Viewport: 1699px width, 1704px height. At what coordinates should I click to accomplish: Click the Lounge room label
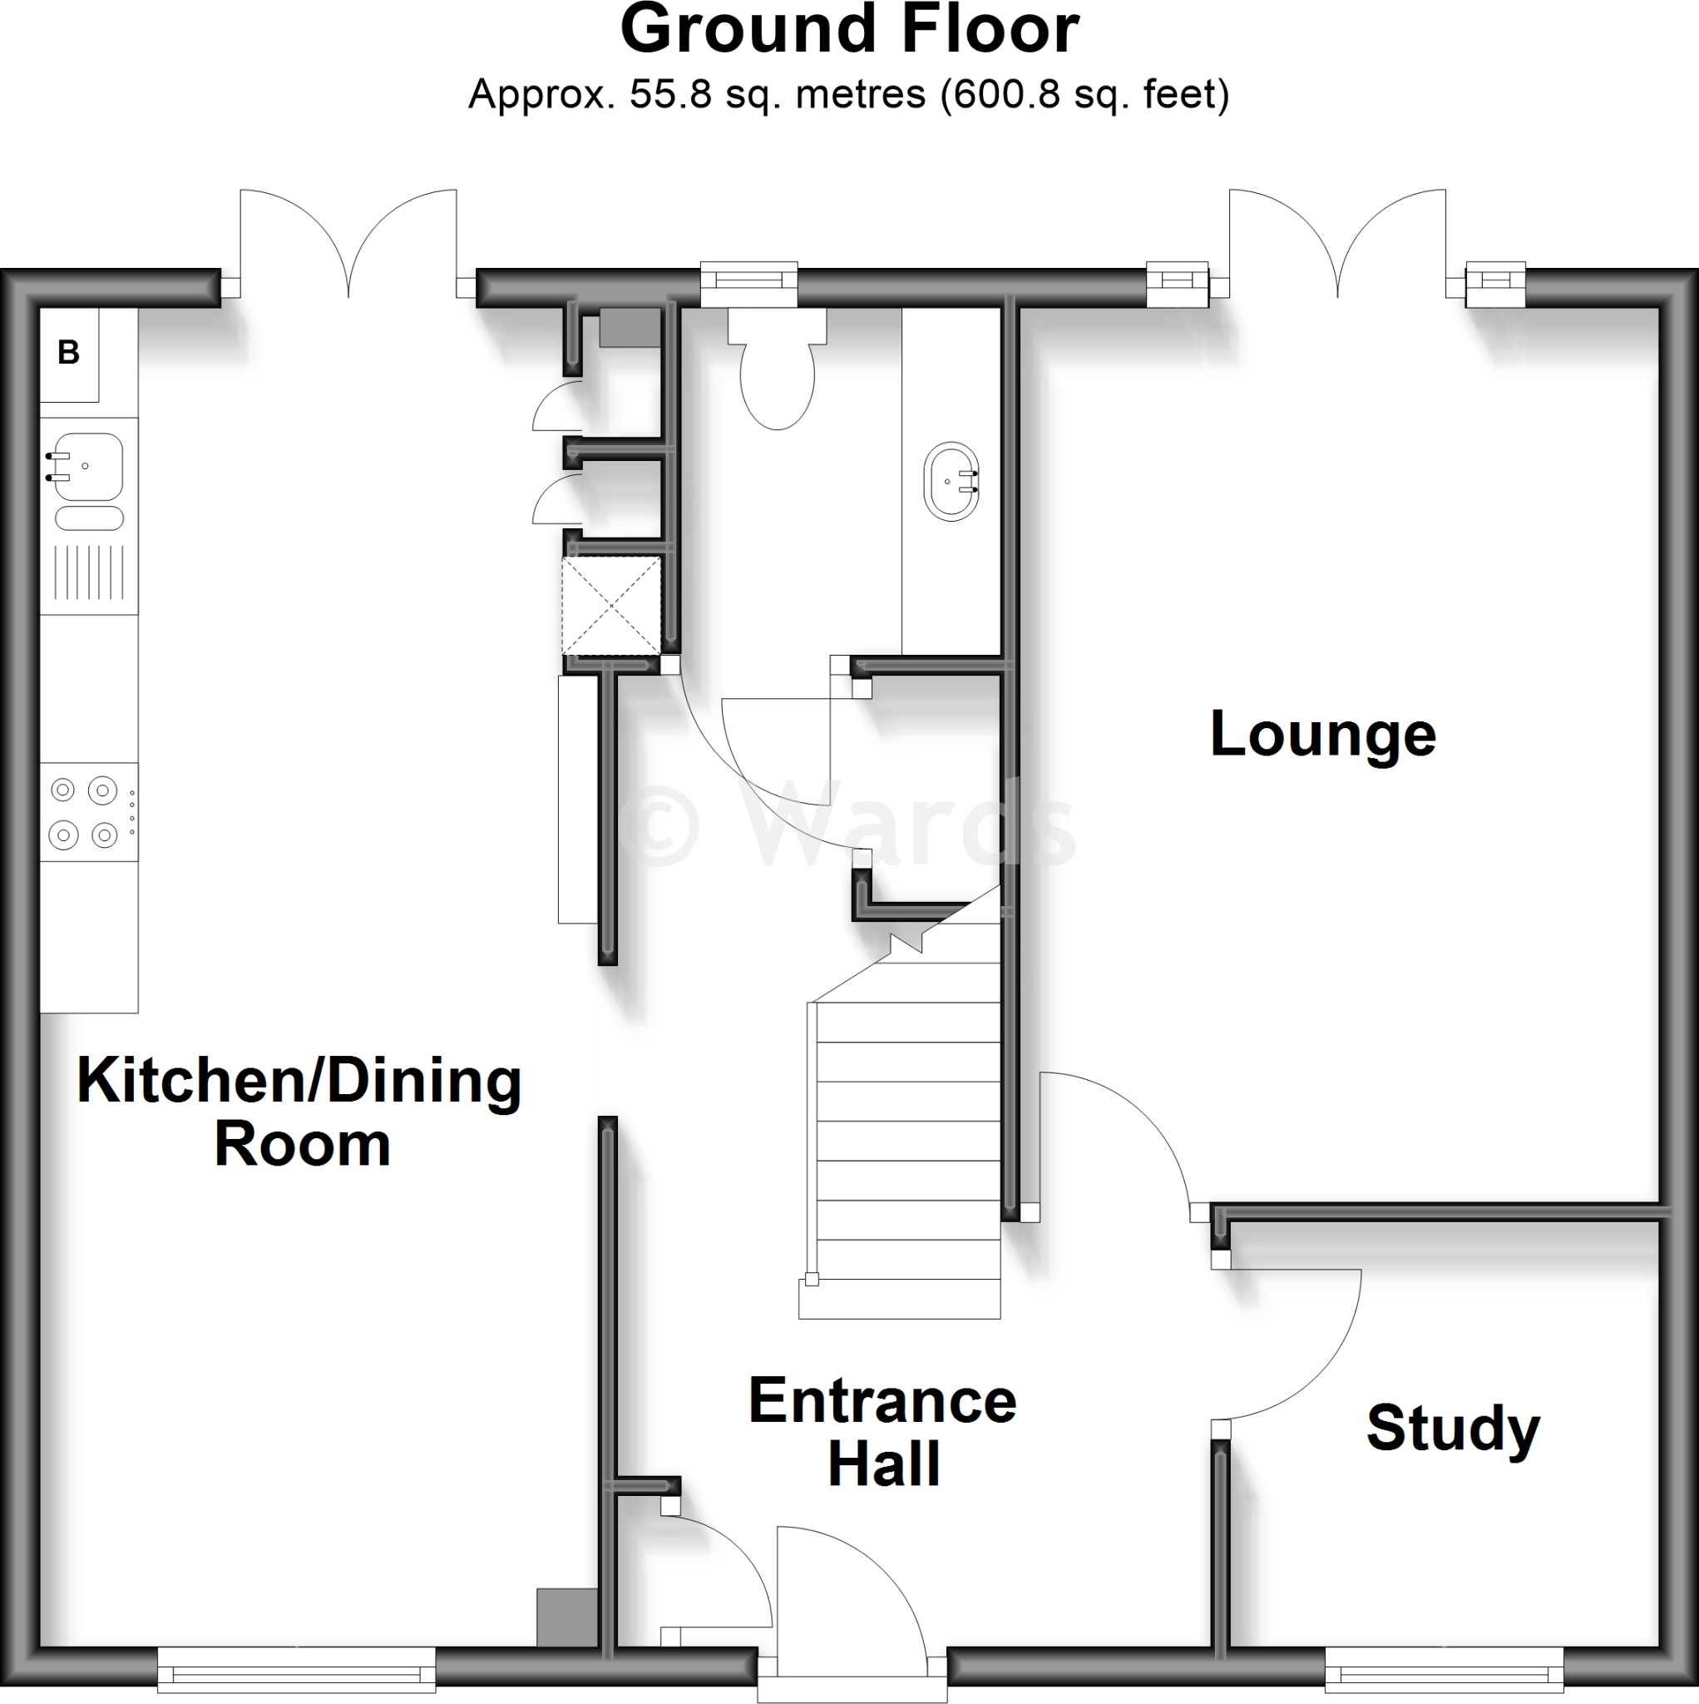pyautogui.click(x=1322, y=736)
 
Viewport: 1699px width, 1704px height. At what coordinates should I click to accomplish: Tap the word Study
pyautogui.click(x=1452, y=1429)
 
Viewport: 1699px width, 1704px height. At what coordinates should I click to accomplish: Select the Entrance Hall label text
pyautogui.click(x=882, y=1431)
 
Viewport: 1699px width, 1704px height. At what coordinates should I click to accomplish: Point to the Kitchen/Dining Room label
pyautogui.click(x=299, y=1112)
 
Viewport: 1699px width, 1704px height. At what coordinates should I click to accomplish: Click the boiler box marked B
pyautogui.click(x=69, y=353)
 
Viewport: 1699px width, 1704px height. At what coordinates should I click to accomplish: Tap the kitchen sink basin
pyautogui.click(x=88, y=466)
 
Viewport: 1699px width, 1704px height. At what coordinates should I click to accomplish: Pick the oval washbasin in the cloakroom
pyautogui.click(x=951, y=482)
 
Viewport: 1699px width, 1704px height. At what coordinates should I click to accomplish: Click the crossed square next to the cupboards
pyautogui.click(x=611, y=605)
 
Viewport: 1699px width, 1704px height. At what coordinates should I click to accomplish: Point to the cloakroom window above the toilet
pyautogui.click(x=748, y=281)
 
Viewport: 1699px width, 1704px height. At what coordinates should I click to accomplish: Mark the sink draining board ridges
pyautogui.click(x=88, y=572)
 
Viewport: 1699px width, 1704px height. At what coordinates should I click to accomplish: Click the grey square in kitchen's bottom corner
pyautogui.click(x=567, y=1617)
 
